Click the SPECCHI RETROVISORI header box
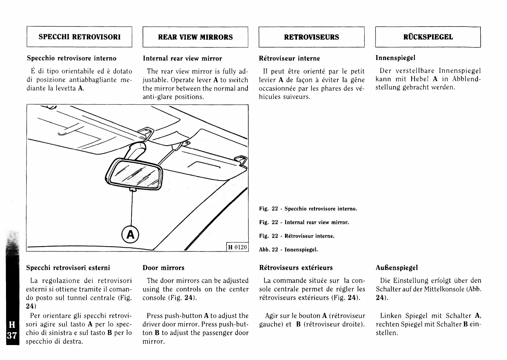click(79, 37)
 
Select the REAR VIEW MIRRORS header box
click(195, 37)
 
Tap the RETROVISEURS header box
click(311, 37)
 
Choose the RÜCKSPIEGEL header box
click(428, 37)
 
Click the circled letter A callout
click(130, 235)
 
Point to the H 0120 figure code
click(237, 247)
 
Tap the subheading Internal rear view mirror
click(182, 58)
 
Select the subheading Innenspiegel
click(395, 58)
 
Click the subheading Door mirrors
click(163, 268)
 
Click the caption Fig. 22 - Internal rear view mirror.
click(304, 222)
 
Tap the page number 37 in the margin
click(12, 335)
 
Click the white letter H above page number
click(12, 324)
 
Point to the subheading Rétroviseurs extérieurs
click(296, 268)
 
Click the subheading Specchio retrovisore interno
click(72, 58)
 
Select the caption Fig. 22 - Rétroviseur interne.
click(297, 236)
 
